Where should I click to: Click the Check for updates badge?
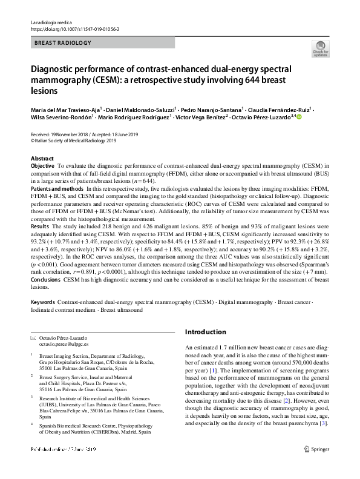click(321, 49)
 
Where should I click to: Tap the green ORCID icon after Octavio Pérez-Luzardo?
click(298, 117)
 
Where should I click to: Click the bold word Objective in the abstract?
click(42, 165)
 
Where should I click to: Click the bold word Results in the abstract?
click(41, 224)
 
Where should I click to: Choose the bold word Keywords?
click(44, 301)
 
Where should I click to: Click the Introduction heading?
click(205, 332)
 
